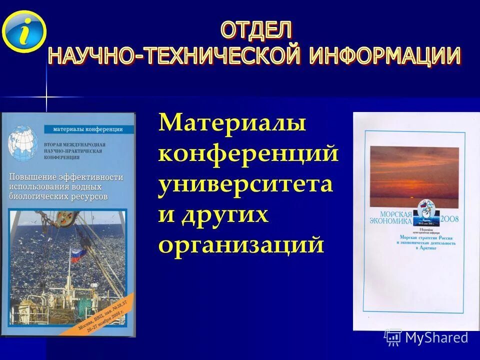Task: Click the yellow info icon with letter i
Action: click(x=23, y=31)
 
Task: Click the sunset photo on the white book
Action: click(x=414, y=175)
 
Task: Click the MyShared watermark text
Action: click(x=436, y=337)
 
